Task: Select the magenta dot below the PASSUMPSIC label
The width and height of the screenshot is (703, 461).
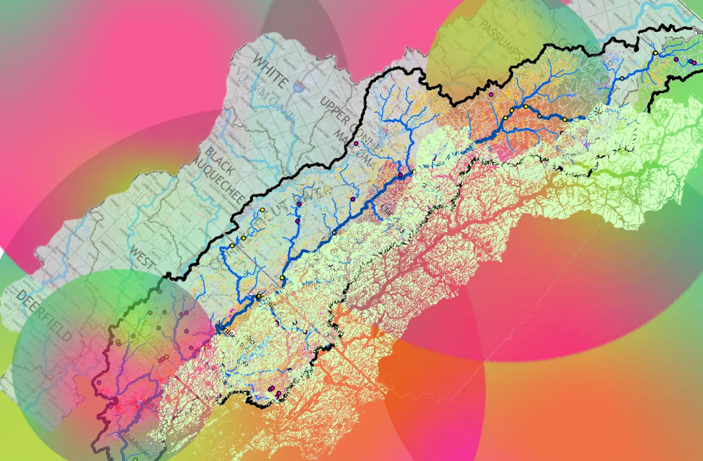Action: pos(491,95)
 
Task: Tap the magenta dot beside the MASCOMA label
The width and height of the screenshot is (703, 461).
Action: pos(356,144)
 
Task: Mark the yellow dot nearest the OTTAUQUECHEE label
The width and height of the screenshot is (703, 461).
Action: pos(262,210)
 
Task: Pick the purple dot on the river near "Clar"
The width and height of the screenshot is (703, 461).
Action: pos(400,175)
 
